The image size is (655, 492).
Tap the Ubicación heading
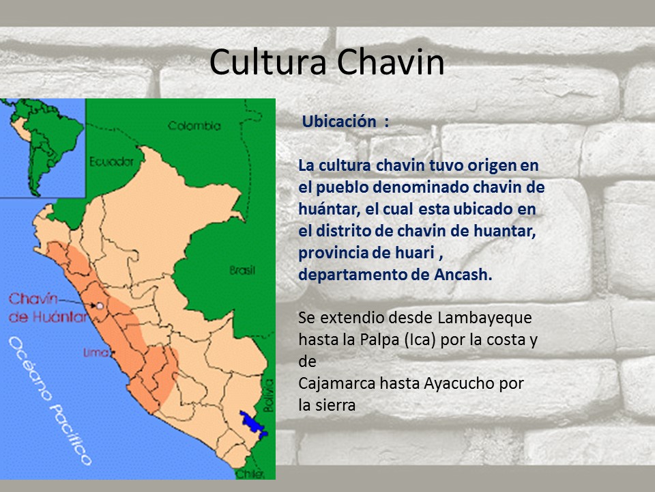[x=339, y=122]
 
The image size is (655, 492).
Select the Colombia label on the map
[x=194, y=126]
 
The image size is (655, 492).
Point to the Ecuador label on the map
[x=111, y=162]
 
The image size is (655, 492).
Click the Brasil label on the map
[x=242, y=271]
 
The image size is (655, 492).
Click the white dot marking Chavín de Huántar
[x=100, y=306]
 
